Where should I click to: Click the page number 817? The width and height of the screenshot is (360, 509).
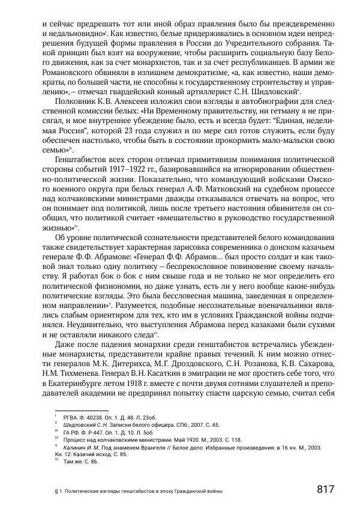point(325,489)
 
